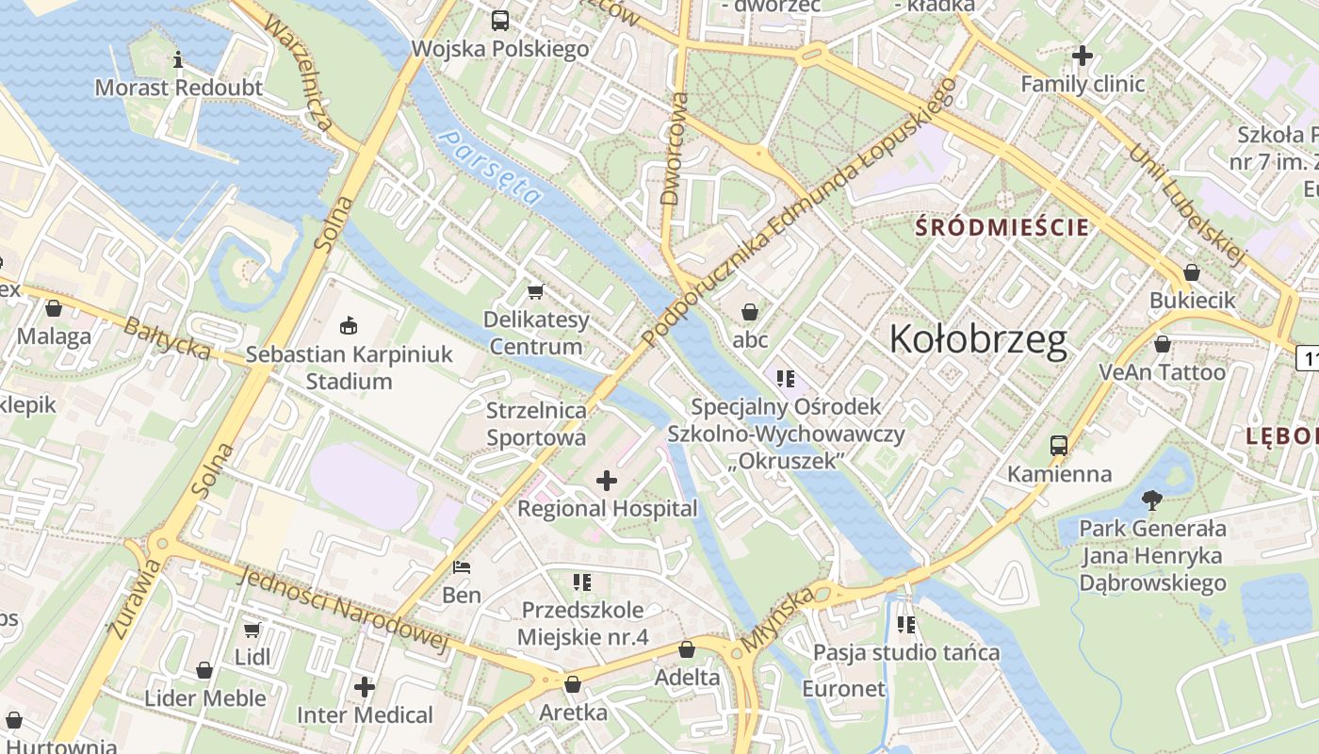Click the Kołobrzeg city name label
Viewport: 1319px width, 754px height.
pyautogui.click(x=978, y=339)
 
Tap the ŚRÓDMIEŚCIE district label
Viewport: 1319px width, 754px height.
pyautogui.click(x=1002, y=227)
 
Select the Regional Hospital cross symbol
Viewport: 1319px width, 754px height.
pyautogui.click(x=607, y=482)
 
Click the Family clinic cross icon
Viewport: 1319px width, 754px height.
pyautogui.click(x=1083, y=57)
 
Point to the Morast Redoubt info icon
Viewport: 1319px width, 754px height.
pyautogui.click(x=179, y=61)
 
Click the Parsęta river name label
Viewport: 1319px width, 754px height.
pyautogui.click(x=494, y=167)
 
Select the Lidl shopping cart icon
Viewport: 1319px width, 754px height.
pyautogui.click(x=252, y=630)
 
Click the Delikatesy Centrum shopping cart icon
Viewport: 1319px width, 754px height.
pyautogui.click(x=536, y=291)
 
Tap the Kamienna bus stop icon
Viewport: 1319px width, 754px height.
pyautogui.click(x=1059, y=446)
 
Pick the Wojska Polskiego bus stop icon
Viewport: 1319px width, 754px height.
pyautogui.click(x=500, y=20)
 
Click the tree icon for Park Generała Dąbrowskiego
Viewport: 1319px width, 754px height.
pyautogui.click(x=1151, y=500)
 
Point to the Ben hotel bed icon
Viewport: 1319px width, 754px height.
pyautogui.click(x=462, y=567)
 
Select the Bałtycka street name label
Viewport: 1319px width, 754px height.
pyautogui.click(x=167, y=338)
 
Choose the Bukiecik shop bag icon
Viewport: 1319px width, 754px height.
pyautogui.click(x=1192, y=272)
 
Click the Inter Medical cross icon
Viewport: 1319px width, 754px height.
pyautogui.click(x=365, y=687)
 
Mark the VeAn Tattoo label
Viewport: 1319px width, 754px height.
pyautogui.click(x=1163, y=372)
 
